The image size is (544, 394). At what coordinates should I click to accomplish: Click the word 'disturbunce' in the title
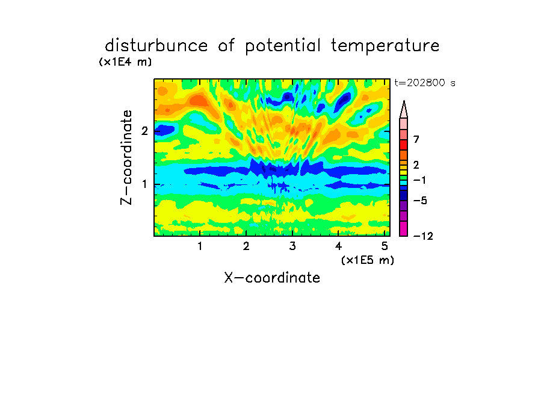(x=156, y=46)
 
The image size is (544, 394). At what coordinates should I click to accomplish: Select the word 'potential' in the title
(x=283, y=46)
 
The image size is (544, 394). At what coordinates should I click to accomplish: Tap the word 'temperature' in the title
(x=385, y=46)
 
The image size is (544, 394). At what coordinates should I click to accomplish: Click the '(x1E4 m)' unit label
(x=125, y=62)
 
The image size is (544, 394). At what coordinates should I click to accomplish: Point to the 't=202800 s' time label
(x=425, y=83)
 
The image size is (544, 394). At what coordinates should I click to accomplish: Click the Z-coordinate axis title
(x=126, y=157)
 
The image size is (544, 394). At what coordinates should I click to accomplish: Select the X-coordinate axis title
(x=272, y=278)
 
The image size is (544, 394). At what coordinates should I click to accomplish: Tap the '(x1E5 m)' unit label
(x=368, y=260)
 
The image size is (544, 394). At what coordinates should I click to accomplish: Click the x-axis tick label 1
(x=200, y=246)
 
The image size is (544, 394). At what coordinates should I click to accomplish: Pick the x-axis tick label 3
(x=292, y=246)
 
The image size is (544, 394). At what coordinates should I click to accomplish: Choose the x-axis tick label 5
(x=385, y=246)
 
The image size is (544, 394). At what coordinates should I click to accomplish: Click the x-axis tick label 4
(x=339, y=246)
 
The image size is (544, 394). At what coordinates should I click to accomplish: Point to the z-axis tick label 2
(x=144, y=131)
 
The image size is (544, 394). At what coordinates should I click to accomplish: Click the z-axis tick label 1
(x=144, y=184)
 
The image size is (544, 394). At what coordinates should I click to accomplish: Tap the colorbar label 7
(x=416, y=140)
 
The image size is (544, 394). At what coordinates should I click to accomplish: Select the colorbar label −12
(x=423, y=236)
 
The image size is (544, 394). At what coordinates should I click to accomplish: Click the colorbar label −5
(x=420, y=201)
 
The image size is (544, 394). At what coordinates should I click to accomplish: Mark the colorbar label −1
(x=419, y=180)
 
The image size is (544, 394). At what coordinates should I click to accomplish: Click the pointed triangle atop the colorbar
(x=404, y=109)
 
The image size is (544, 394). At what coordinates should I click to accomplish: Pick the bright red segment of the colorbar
(x=404, y=145)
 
